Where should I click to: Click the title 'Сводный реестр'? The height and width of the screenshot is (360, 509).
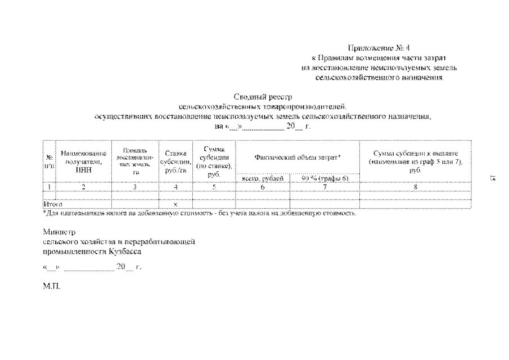pos(263,97)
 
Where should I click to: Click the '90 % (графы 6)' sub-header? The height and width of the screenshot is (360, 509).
pos(325,178)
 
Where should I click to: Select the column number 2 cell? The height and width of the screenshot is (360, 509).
pos(83,187)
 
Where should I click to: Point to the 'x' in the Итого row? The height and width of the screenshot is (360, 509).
pos(176,205)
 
